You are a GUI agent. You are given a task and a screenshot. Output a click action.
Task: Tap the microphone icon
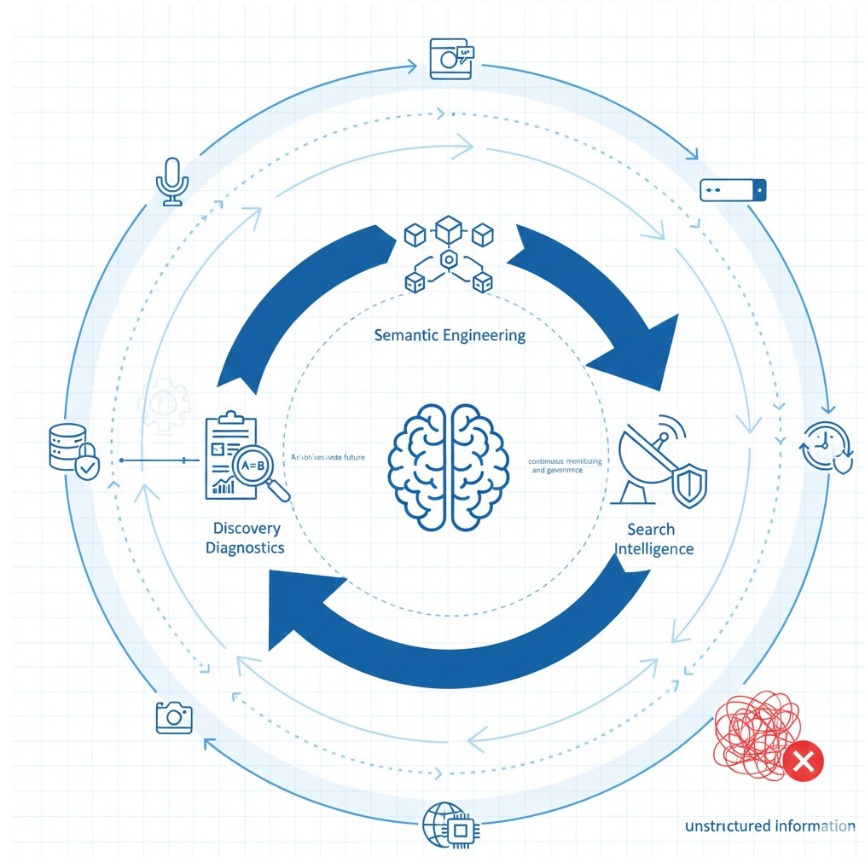coord(172,180)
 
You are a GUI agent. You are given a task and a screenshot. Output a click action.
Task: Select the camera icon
coord(174,716)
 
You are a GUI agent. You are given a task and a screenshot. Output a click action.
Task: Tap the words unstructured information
coord(769,825)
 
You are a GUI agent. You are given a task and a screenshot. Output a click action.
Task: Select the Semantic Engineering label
coord(450,335)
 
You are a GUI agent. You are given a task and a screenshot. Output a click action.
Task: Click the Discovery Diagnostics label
coord(245,538)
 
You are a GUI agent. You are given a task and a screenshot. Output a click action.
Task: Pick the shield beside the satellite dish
coord(690,487)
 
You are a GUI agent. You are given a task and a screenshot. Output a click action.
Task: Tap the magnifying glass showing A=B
coord(261,469)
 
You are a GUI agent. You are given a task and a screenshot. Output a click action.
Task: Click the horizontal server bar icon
coord(733,189)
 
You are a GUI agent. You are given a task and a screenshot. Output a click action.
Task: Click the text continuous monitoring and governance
coord(565,465)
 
